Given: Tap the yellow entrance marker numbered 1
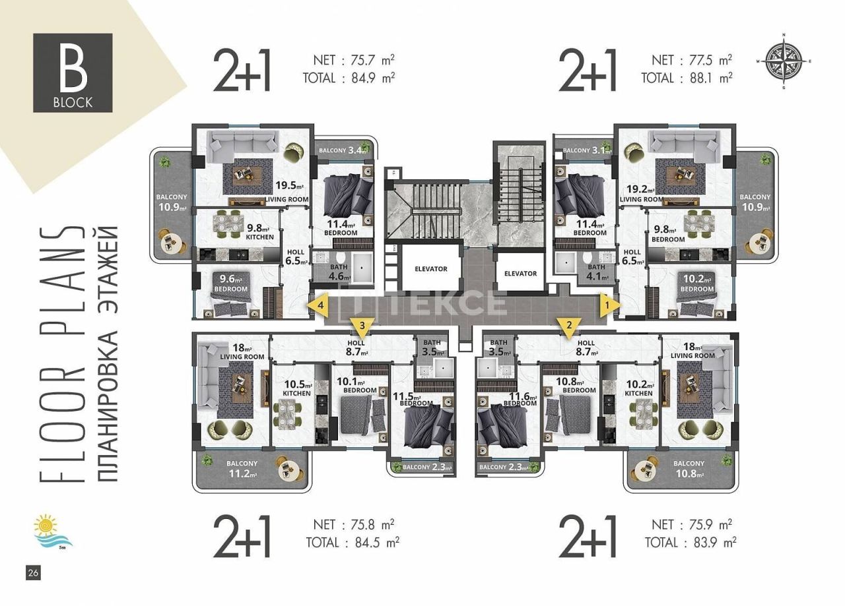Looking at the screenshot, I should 608,305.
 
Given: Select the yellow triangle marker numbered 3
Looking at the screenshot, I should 362,325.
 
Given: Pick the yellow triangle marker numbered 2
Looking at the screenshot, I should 567,325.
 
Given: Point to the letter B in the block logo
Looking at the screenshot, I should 73,69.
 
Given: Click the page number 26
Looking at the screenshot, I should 33,573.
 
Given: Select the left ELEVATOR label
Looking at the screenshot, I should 430,269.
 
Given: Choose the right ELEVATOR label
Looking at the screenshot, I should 520,273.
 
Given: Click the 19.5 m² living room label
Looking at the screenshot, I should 287,192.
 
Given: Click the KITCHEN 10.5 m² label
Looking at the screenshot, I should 296,388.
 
